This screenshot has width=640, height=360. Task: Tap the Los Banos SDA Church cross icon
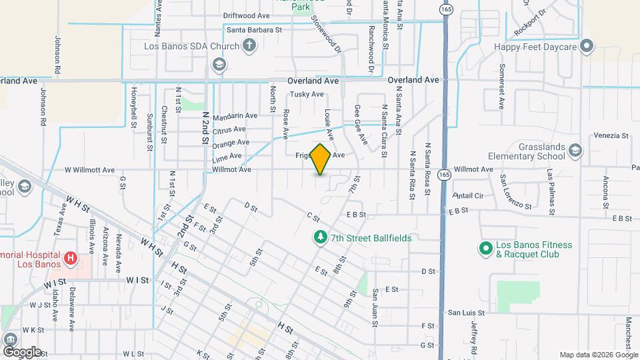pyautogui.click(x=249, y=46)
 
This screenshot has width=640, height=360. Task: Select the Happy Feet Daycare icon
pyautogui.click(x=587, y=46)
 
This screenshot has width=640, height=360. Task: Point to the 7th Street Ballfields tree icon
pyautogui.click(x=321, y=237)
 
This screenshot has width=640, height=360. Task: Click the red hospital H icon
pyautogui.click(x=70, y=257)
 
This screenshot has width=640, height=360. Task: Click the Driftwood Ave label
pyautogui.click(x=246, y=15)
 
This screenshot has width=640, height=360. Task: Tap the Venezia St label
pyautogui.click(x=611, y=135)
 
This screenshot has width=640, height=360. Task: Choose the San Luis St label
pyautogui.click(x=465, y=312)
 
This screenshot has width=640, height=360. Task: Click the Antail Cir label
pyautogui.click(x=467, y=196)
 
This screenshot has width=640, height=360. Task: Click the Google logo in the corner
pyautogui.click(x=22, y=351)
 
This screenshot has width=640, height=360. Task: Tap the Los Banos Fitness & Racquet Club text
pyautogui.click(x=535, y=249)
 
